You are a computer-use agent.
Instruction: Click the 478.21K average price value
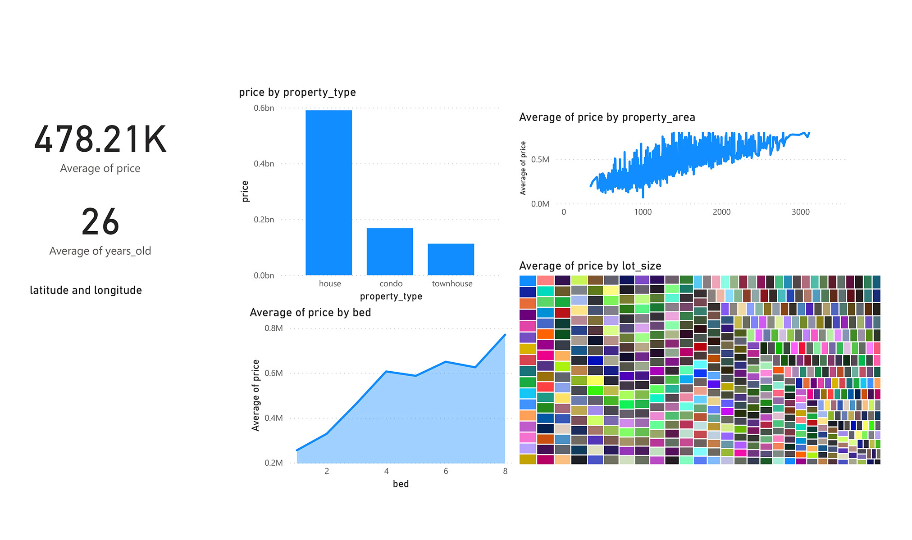coord(100,139)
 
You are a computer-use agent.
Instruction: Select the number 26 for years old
coord(100,222)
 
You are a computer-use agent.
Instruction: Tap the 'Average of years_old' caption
coord(100,251)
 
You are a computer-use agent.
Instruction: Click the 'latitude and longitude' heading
coord(86,290)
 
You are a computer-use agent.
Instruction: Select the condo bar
coord(390,252)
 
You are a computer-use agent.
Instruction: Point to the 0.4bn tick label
coord(264,164)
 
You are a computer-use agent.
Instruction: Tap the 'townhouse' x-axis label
coord(452,283)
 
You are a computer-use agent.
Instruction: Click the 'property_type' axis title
coord(391,297)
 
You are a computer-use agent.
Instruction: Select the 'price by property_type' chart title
coord(297,92)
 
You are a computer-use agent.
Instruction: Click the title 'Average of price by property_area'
coord(606,117)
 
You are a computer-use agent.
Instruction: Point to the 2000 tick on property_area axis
coord(721,212)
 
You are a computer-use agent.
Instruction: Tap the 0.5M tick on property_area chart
coord(540,160)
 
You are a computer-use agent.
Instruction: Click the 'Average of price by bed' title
coord(310,313)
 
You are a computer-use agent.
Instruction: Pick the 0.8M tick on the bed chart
coord(274,328)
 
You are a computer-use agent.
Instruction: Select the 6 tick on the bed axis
coord(446,471)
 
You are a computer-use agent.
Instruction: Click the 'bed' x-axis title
coord(401,484)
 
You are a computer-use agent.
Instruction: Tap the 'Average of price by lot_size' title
coord(590,266)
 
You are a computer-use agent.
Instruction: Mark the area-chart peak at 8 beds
coord(505,335)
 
